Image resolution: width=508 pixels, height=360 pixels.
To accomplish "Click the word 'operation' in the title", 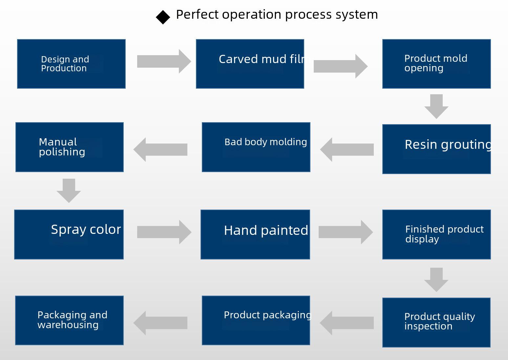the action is [251, 15].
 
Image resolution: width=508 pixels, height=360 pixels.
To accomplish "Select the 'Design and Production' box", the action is [71, 64].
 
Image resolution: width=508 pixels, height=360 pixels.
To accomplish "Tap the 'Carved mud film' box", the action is [250, 64].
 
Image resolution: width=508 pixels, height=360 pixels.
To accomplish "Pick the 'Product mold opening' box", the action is [436, 64].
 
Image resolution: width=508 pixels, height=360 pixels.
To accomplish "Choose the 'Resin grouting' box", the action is [436, 149].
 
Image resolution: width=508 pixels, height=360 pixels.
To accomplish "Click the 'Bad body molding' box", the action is [256, 147].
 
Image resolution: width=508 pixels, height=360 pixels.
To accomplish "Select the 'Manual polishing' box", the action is [69, 147].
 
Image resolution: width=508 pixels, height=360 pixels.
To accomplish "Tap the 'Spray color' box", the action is [69, 235].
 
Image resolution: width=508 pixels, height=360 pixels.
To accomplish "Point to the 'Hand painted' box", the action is [255, 235].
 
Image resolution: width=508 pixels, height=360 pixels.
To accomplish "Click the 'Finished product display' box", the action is [436, 235].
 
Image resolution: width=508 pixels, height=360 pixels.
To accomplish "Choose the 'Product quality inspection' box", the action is [436, 323].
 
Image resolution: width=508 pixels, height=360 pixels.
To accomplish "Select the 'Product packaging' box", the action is [256, 321].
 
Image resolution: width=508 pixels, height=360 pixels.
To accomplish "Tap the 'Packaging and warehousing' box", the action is [69, 321].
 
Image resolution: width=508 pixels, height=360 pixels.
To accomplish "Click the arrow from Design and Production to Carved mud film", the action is [164, 61].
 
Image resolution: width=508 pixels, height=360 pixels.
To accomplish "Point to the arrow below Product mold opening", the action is [436, 106].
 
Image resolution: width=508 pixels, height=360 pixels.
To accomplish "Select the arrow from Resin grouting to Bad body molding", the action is [347, 149].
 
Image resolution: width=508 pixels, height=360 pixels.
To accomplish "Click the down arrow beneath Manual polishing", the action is [69, 191].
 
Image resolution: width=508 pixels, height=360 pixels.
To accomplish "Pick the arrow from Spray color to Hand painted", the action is [164, 232].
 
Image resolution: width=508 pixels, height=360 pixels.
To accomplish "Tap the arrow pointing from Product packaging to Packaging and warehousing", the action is [160, 323].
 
